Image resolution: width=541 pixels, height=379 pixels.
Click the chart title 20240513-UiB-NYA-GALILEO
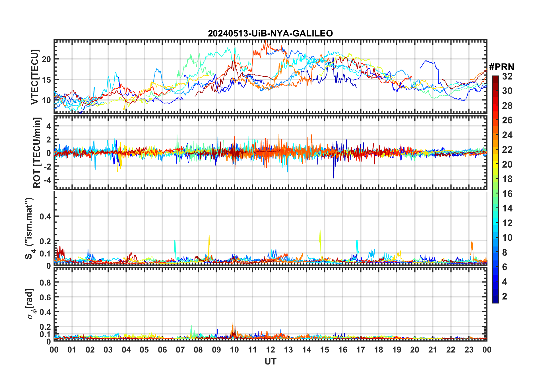point(270,34)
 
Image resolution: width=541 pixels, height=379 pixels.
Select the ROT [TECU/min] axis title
point(37,152)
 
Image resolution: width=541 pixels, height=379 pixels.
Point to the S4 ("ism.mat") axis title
point(29,228)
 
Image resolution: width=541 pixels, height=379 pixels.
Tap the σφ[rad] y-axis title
point(31,304)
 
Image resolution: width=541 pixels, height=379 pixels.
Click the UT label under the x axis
point(270,362)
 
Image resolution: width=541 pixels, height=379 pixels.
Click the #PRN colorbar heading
point(501,67)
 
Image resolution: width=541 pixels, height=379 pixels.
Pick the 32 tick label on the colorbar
point(507,76)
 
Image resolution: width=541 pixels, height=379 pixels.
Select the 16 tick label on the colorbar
point(507,194)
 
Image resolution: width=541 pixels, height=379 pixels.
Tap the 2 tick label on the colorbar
point(505,296)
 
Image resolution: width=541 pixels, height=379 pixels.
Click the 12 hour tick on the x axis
point(270,350)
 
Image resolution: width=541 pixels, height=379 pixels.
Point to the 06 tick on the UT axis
point(162,350)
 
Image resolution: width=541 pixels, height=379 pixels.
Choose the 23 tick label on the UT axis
point(469,350)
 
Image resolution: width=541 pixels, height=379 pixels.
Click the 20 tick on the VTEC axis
point(46,59)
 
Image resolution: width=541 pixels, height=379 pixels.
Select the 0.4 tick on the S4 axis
point(45,217)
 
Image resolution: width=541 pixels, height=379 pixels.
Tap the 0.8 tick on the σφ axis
point(45,282)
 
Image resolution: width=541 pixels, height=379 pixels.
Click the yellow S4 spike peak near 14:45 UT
point(320,230)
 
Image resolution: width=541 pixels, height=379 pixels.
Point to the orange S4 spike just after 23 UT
point(472,243)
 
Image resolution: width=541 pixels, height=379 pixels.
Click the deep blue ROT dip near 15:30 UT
point(334,178)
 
